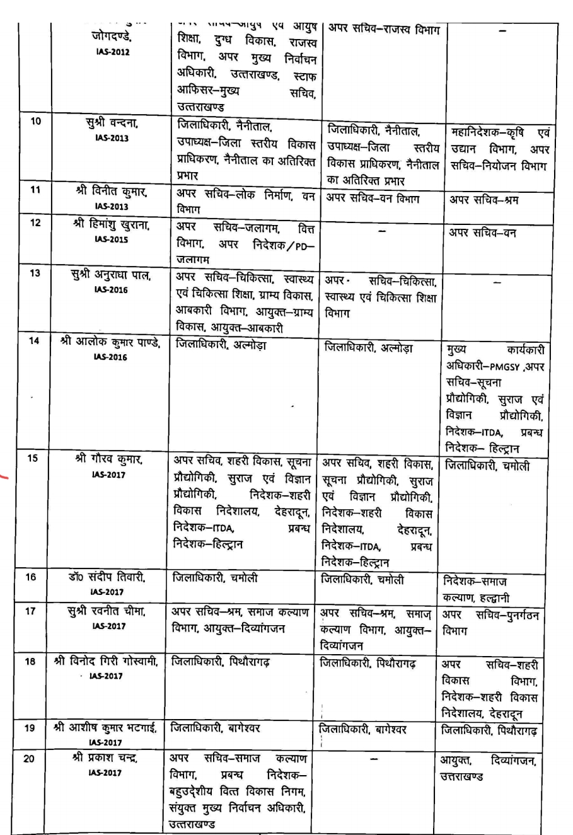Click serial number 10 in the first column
36,122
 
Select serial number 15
32,458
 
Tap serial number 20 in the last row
29,759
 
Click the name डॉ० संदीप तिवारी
110,579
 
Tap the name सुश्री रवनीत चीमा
110,613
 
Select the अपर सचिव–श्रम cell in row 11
483,200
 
